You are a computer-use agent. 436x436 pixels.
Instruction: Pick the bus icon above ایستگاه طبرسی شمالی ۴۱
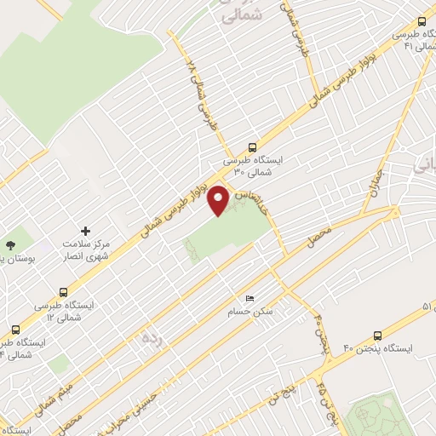click(x=422, y=22)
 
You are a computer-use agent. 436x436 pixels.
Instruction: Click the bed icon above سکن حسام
click(x=250, y=298)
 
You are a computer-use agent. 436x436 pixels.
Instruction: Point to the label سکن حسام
click(x=249, y=313)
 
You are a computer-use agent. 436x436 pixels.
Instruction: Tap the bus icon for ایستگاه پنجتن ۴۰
click(x=378, y=336)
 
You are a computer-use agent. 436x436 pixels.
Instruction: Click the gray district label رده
click(x=151, y=339)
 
